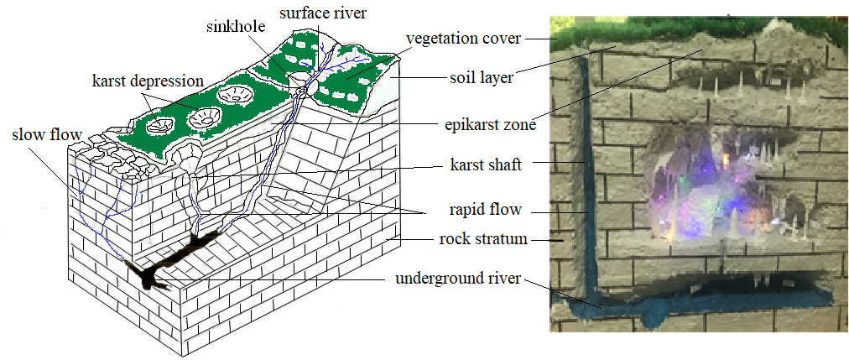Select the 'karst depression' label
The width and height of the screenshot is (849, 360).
[x=148, y=81]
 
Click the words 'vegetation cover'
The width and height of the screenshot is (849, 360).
[x=463, y=39]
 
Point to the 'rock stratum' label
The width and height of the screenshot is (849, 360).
[x=483, y=239]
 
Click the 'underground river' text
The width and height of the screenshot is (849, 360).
[x=458, y=277]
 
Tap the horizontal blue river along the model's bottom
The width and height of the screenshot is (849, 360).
[x=696, y=306]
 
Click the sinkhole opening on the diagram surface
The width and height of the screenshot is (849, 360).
[x=298, y=81]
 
